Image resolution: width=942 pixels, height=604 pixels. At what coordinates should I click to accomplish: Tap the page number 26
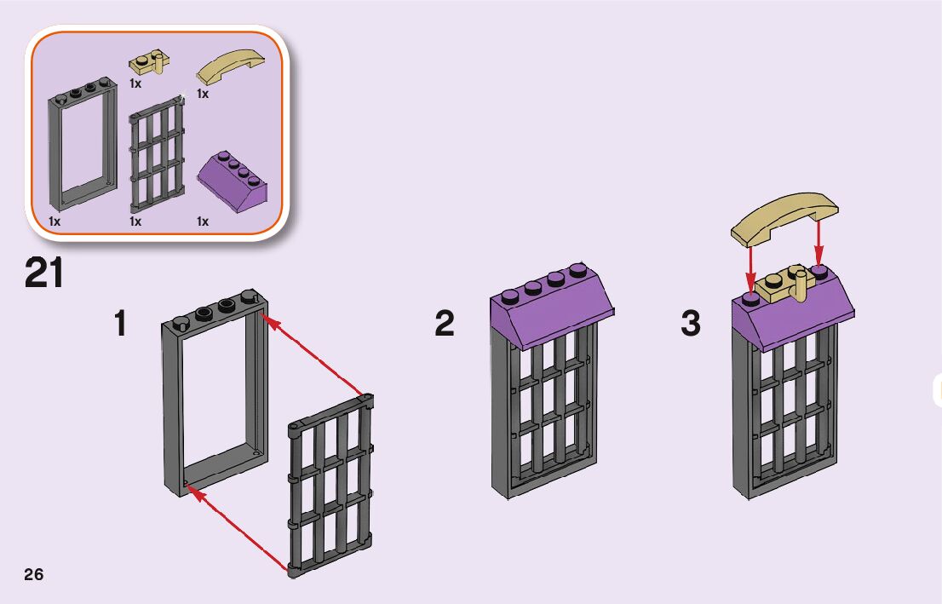(33, 573)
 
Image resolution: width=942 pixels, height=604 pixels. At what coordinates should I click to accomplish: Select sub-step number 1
(123, 324)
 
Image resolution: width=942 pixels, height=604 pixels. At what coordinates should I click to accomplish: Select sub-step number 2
(445, 324)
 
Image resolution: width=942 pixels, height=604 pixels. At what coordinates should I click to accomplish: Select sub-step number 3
(690, 324)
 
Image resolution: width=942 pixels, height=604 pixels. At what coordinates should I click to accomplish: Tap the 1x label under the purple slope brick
(202, 221)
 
